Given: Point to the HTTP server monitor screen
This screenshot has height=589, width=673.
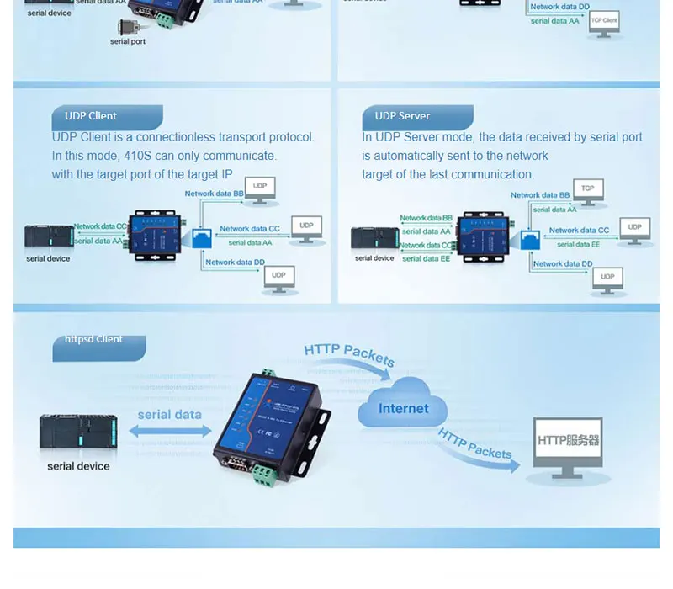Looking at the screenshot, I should (x=569, y=441).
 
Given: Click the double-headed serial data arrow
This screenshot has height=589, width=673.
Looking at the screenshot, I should (x=170, y=431).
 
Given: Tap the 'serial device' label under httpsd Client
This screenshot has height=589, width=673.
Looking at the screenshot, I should (x=78, y=466).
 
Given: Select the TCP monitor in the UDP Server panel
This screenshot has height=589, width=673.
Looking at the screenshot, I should (x=588, y=190).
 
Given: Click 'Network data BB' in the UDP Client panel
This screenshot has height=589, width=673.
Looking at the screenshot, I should (x=214, y=194).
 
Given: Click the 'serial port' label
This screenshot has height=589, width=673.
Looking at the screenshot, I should (x=128, y=41).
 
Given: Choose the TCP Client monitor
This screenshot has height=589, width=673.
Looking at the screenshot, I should (x=604, y=22).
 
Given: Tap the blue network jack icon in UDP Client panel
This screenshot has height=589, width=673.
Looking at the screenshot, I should (x=201, y=238).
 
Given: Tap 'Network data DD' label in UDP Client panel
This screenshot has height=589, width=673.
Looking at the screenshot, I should (x=235, y=263).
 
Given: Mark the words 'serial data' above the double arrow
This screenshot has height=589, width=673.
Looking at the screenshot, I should (x=170, y=414).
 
